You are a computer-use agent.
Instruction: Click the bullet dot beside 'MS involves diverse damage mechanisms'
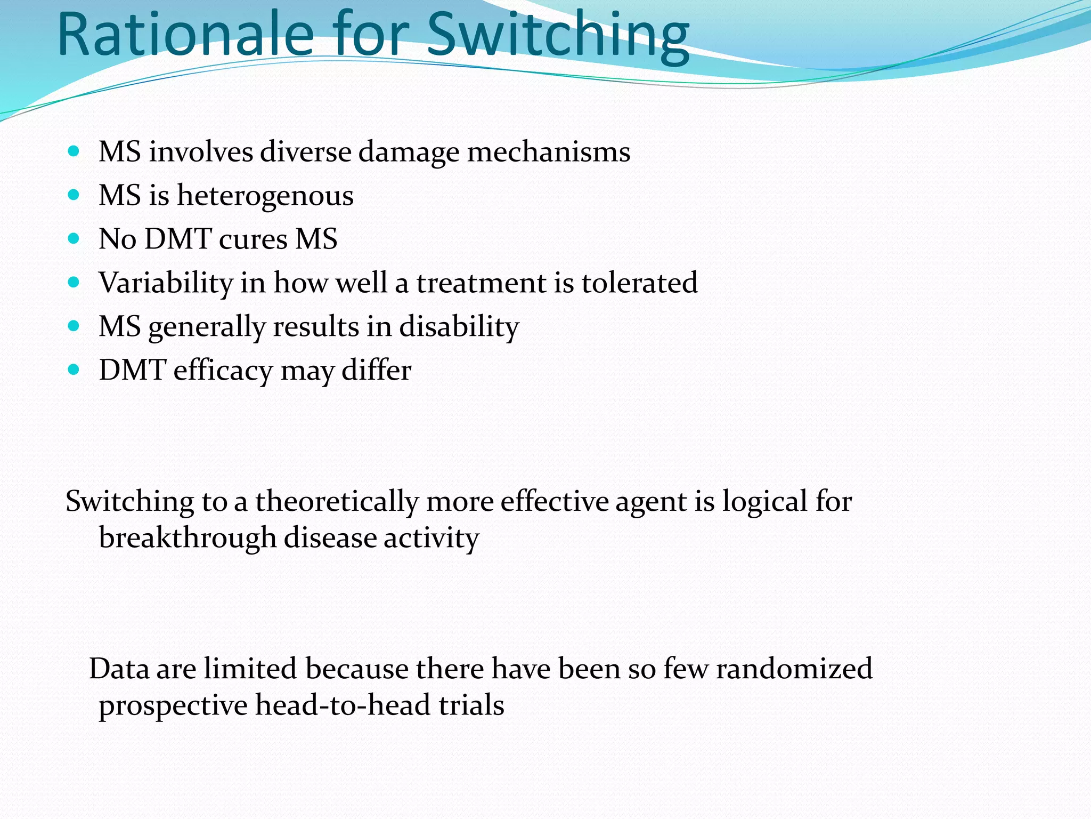point(74,151)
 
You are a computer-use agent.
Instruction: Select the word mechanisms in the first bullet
point(549,152)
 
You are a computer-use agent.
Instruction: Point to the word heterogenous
point(265,195)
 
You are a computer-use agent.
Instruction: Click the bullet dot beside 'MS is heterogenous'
point(74,195)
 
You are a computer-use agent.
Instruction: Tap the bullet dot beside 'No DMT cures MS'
point(74,238)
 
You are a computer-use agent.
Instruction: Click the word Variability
point(166,283)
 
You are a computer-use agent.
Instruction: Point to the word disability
point(459,326)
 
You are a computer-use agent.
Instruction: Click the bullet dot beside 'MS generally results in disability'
point(74,326)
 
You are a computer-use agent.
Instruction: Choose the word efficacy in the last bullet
point(223,371)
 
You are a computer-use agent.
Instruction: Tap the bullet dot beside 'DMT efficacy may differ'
point(74,370)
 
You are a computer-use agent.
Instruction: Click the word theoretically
point(337,502)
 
